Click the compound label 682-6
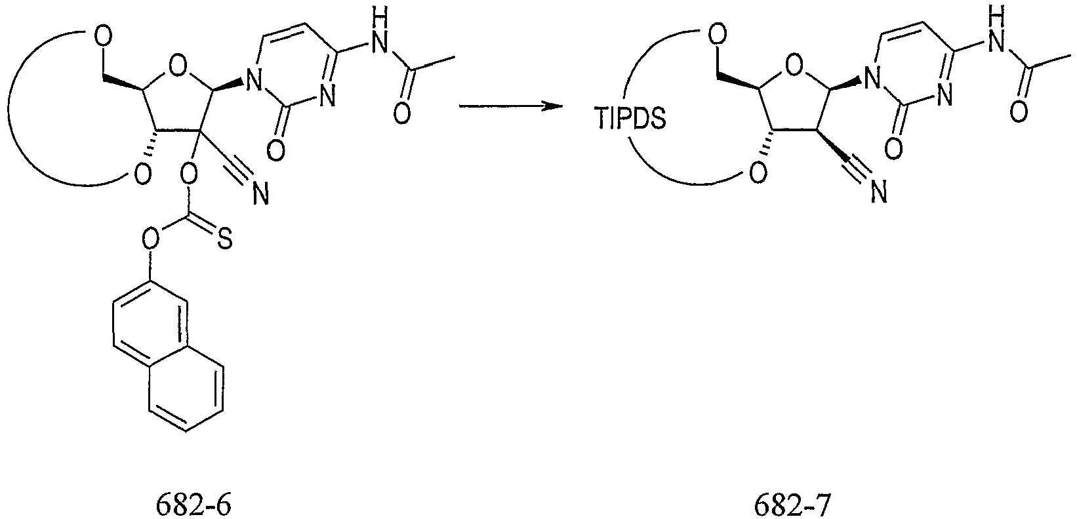click(193, 504)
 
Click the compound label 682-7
click(792, 504)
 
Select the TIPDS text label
click(630, 118)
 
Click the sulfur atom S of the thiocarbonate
click(224, 238)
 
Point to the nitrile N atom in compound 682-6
click(260, 194)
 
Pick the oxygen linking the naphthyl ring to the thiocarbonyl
click(150, 238)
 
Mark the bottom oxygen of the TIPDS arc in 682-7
click(759, 173)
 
